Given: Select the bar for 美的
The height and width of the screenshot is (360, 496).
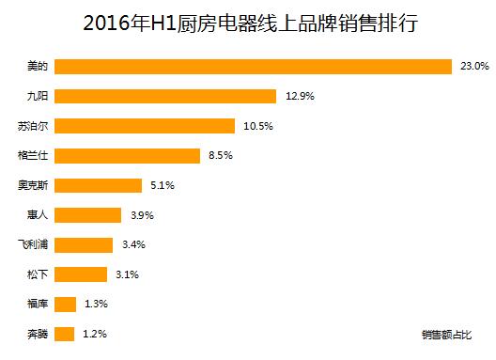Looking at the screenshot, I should [254, 66].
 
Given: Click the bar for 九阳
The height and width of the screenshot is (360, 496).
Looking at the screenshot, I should [165, 96].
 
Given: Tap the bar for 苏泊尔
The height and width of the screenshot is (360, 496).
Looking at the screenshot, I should [145, 126].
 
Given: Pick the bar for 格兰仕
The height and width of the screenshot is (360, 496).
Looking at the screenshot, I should [127, 155].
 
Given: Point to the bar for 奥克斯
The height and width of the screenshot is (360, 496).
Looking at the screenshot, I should [98, 185].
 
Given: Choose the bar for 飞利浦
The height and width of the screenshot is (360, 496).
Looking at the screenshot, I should [84, 244].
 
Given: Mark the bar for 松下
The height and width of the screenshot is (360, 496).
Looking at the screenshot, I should [81, 274].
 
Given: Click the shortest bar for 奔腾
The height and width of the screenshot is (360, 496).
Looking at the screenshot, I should [65, 334].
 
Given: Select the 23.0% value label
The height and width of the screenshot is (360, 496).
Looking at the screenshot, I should [473, 66].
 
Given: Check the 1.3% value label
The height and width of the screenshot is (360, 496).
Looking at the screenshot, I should [96, 305].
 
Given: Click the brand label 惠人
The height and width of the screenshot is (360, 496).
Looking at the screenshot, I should [39, 215].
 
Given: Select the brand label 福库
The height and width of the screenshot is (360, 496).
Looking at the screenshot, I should [39, 305].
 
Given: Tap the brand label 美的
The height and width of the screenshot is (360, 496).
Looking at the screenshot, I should [39, 66].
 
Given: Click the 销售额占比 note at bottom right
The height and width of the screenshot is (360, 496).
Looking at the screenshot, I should [446, 334].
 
